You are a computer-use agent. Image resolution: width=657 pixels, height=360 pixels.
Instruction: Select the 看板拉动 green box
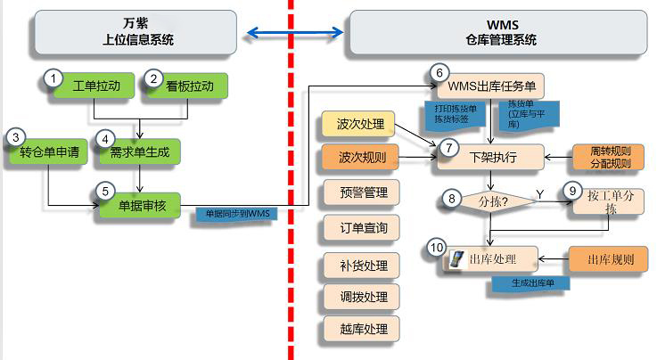190,86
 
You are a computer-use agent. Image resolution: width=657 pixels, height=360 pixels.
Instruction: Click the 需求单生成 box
139,151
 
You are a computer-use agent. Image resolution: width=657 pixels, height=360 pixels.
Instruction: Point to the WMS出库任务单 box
489,86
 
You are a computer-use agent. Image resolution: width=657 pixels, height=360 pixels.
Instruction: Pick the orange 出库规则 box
611,259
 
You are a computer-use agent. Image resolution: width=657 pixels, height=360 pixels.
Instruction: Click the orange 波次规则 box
361,159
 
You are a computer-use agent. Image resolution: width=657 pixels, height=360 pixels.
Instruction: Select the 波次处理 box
361,124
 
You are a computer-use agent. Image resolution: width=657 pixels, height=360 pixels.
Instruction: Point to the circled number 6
437,72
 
